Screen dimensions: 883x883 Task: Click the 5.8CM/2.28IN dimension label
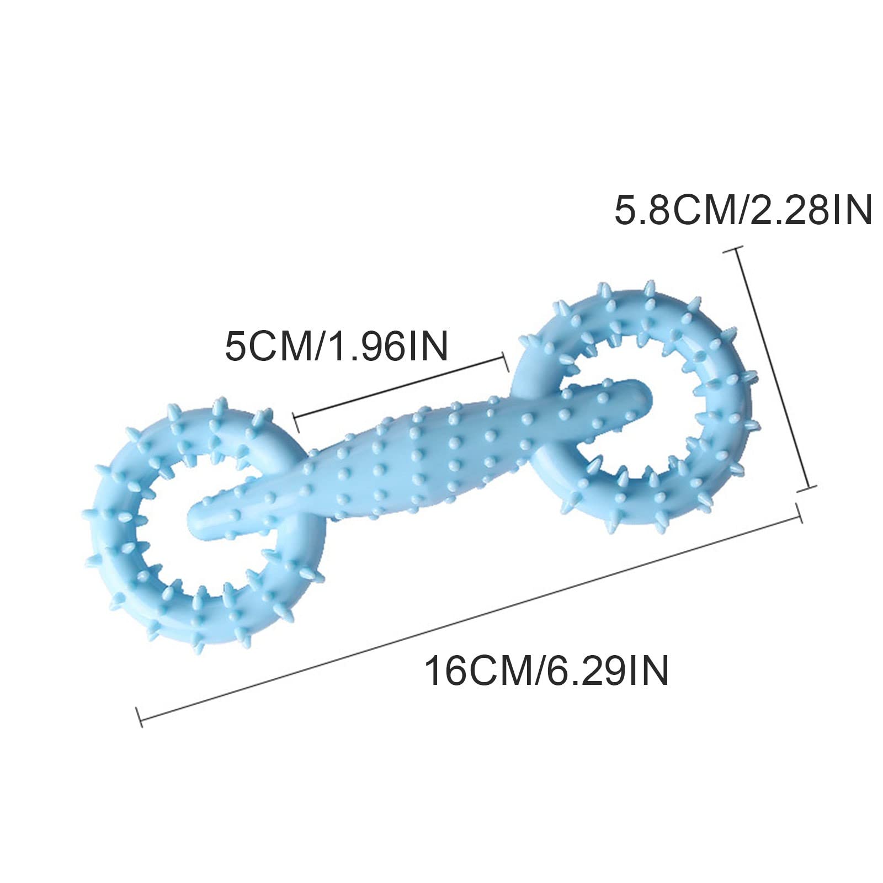[x=743, y=211]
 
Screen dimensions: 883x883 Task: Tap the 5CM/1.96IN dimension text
[x=336, y=346]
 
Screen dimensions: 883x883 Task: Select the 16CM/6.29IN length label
[x=546, y=670]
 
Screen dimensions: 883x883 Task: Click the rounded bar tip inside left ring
[x=196, y=519]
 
